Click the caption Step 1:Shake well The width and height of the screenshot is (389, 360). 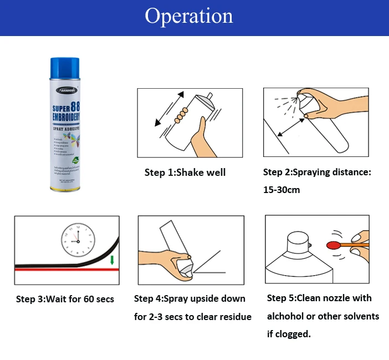coord(185,173)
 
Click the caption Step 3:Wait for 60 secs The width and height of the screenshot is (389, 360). coord(65,300)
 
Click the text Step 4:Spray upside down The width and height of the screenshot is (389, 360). coord(190,298)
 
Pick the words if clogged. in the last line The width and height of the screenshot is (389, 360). coord(289,334)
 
